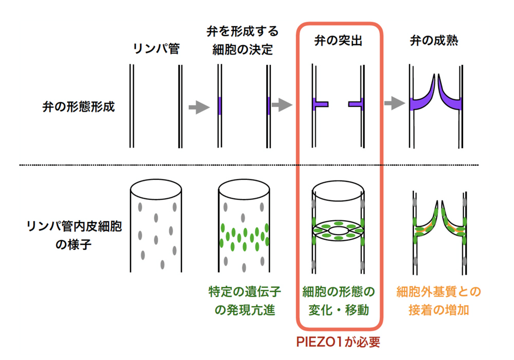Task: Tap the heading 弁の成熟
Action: (x=434, y=41)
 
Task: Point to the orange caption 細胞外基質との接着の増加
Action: (x=438, y=301)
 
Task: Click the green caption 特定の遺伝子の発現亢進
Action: (x=244, y=301)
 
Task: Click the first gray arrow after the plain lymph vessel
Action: (x=199, y=107)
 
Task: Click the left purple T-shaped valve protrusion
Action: (x=321, y=104)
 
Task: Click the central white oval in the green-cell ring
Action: (x=338, y=232)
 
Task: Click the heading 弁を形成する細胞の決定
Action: (x=244, y=41)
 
